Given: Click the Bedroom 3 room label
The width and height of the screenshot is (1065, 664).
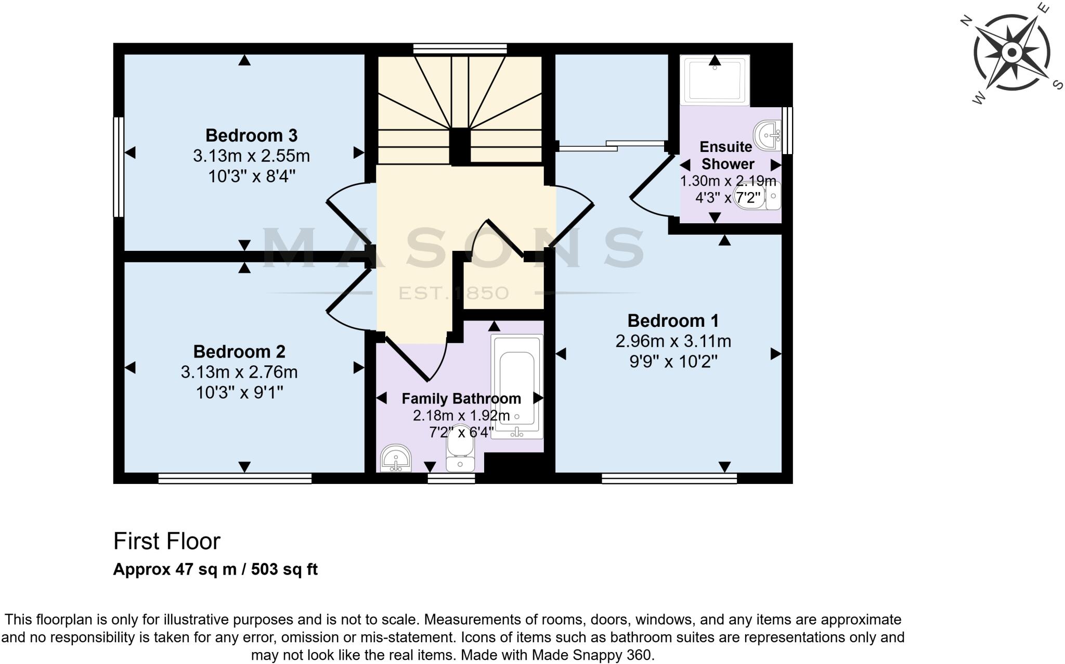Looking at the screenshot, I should [251, 135].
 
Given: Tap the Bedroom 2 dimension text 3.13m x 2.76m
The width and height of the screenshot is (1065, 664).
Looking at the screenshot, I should [239, 372].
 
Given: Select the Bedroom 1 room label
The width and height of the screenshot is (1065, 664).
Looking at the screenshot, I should [673, 320].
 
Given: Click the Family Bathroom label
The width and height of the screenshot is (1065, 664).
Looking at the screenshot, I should [461, 399].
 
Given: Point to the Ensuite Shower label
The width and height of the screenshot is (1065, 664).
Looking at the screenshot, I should [727, 155].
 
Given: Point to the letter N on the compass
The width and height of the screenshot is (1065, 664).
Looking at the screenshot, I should [966, 21].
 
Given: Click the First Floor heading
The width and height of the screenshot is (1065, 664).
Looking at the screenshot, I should [167, 541].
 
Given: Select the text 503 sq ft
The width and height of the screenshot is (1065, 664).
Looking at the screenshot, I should [284, 569].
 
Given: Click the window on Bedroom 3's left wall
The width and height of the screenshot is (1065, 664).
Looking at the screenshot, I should [119, 167].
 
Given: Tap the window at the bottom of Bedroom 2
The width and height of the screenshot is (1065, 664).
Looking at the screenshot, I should [235, 478].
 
